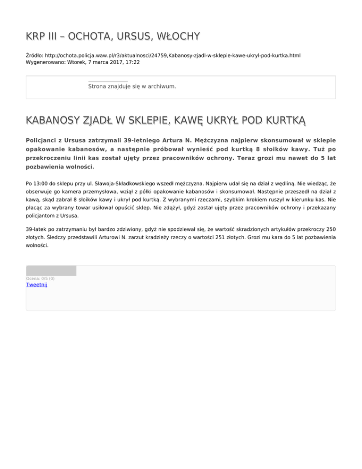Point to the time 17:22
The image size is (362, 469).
click(x=132, y=62)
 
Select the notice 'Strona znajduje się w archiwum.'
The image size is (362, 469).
click(x=132, y=87)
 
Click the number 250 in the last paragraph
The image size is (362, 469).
click(x=330, y=228)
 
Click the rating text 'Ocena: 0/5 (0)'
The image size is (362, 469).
click(x=40, y=278)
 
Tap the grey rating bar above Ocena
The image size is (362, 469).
click(x=51, y=270)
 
